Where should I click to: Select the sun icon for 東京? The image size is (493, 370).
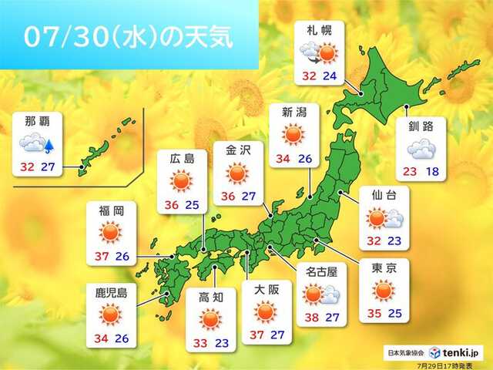pos(384,291)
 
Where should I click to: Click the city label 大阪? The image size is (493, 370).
pos(266,291)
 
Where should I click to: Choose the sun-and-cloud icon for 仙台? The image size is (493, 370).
pos(384,218)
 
